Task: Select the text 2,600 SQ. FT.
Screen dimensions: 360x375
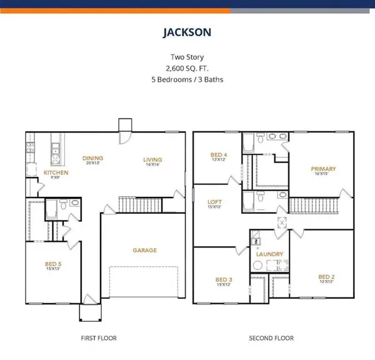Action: click(187, 68)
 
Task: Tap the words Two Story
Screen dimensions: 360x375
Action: click(187, 57)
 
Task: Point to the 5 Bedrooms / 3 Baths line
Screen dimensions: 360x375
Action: click(187, 79)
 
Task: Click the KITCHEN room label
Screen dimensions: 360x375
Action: click(55, 172)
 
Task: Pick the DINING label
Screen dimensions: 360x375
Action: click(92, 158)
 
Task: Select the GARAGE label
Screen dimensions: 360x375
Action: click(144, 250)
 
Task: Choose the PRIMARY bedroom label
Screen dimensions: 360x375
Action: click(324, 169)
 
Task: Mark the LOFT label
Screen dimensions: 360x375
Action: click(215, 201)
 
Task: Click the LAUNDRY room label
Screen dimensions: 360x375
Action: click(270, 254)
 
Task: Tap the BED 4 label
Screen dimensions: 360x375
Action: click(219, 154)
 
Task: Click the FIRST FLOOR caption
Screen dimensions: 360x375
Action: click(97, 338)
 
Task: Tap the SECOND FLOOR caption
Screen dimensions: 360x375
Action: click(271, 338)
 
